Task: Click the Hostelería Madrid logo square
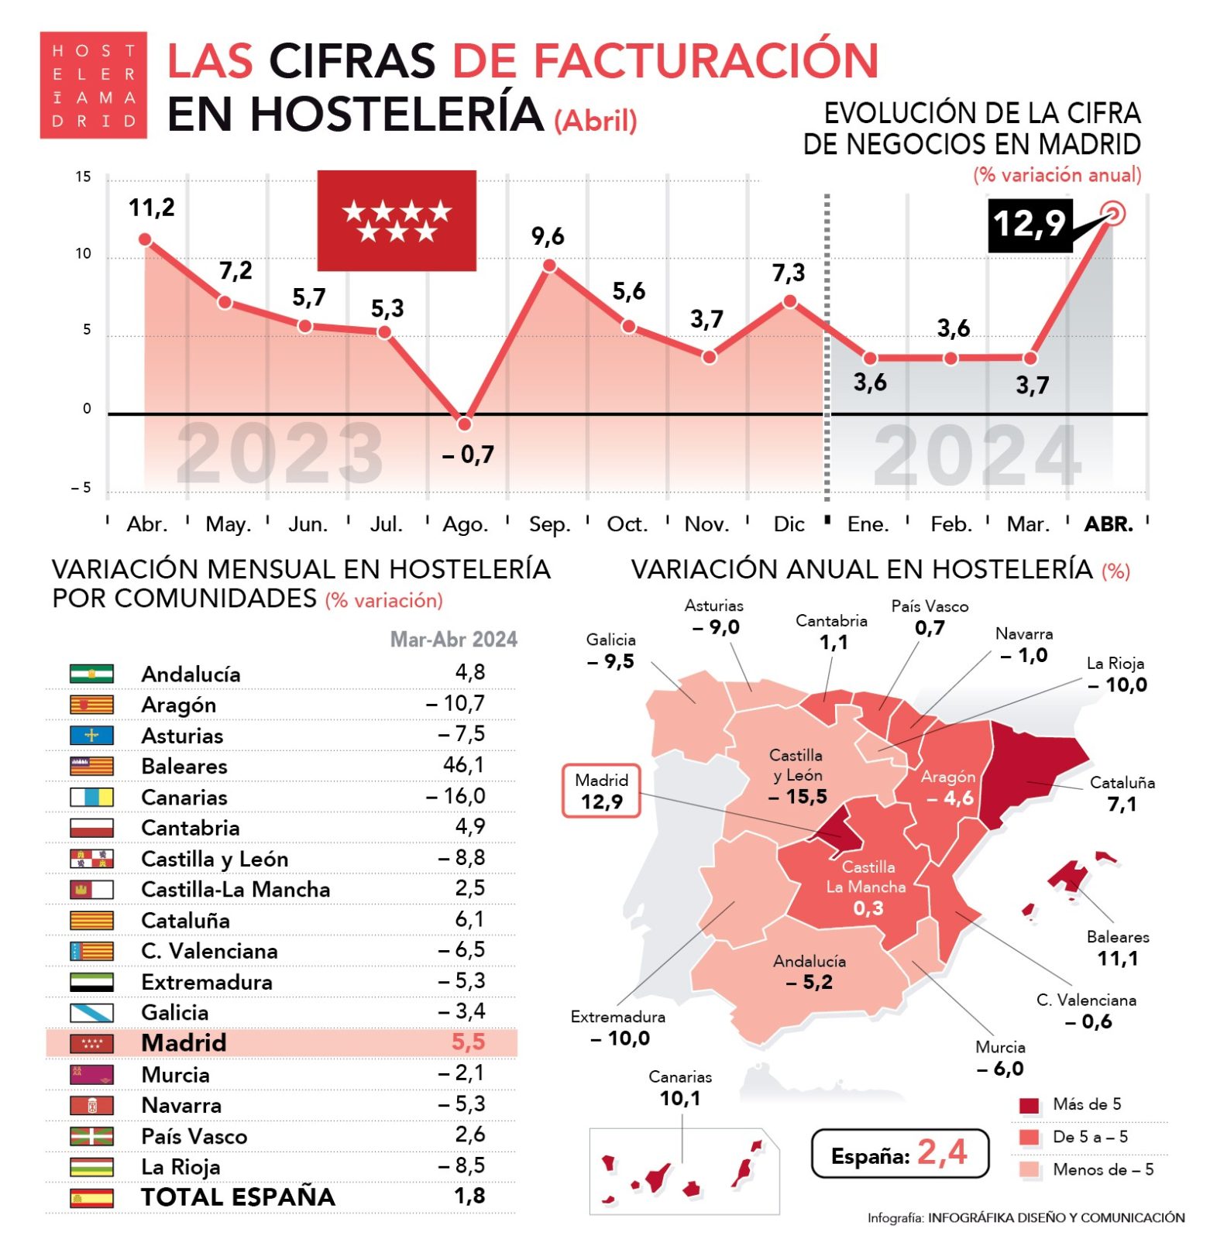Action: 94,85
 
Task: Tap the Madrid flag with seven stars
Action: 397,221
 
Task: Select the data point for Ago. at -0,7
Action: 465,424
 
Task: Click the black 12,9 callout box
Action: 1030,225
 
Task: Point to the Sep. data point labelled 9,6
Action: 549,266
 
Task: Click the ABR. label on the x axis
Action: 1109,525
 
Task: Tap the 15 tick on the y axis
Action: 83,177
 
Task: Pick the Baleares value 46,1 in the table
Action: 463,765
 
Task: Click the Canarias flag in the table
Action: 91,797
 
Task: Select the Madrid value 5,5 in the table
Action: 468,1042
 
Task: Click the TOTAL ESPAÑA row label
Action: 238,1197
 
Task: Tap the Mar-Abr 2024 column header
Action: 453,640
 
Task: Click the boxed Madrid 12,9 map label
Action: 601,791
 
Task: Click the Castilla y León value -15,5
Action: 797,796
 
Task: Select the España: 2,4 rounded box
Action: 899,1154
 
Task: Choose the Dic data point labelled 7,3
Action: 789,301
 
